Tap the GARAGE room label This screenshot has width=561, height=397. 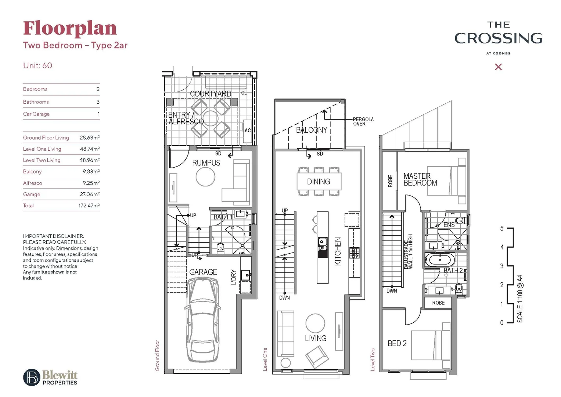[203, 272]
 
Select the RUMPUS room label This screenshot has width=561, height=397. [206, 163]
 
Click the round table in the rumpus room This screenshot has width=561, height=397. [205, 177]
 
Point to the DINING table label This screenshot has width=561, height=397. [319, 182]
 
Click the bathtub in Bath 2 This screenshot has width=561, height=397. [440, 260]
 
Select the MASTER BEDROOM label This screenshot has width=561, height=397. [420, 179]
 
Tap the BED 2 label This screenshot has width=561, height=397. [397, 343]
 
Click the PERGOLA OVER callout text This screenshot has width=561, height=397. [363, 122]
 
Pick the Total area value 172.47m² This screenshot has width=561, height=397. [89, 205]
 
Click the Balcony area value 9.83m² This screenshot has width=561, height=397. [91, 172]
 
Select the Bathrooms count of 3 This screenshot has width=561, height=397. [98, 102]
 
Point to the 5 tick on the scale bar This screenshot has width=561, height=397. [502, 228]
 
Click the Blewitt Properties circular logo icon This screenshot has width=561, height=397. [32, 377]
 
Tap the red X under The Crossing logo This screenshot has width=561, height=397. [498, 67]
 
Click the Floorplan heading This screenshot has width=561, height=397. [70, 29]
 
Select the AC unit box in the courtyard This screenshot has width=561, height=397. [248, 130]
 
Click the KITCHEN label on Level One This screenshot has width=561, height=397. [338, 251]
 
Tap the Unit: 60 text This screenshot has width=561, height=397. [37, 65]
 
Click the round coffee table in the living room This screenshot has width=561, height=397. [315, 323]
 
